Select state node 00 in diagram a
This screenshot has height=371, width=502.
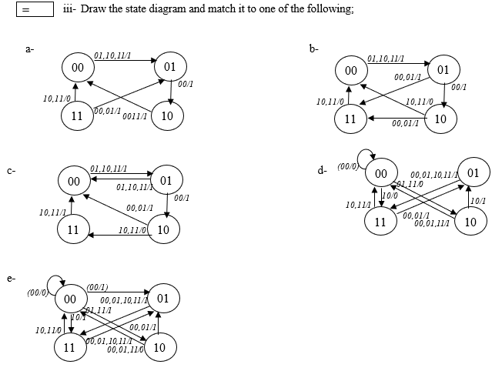(77, 69)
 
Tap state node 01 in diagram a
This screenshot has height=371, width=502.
(170, 66)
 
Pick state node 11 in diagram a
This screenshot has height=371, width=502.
(76, 116)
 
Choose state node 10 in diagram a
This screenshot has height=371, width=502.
(167, 116)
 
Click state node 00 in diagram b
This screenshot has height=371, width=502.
(350, 71)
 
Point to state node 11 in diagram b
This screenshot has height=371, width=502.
(350, 119)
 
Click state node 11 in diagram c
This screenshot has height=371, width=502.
(73, 229)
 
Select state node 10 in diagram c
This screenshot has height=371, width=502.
(163, 229)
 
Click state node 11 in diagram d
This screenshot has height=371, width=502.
(380, 222)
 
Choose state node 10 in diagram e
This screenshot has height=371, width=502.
(159, 347)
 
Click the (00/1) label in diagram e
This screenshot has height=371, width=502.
(97, 286)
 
